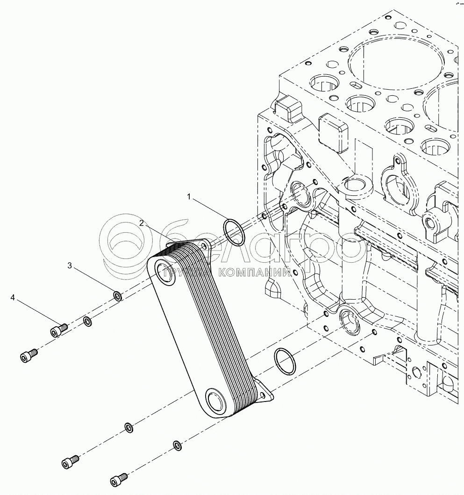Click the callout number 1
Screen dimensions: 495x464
(x=189, y=197)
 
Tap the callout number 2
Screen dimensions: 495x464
(x=141, y=223)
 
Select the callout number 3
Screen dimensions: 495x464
(x=70, y=266)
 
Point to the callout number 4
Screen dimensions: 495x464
(x=13, y=297)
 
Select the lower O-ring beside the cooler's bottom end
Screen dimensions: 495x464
(x=285, y=361)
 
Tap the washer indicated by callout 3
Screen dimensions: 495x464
(x=118, y=295)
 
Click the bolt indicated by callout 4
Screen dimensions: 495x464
(x=58, y=330)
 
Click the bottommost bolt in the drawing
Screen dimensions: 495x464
(x=118, y=479)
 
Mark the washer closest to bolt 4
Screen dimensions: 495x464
(x=87, y=321)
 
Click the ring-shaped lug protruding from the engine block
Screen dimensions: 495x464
(x=357, y=188)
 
